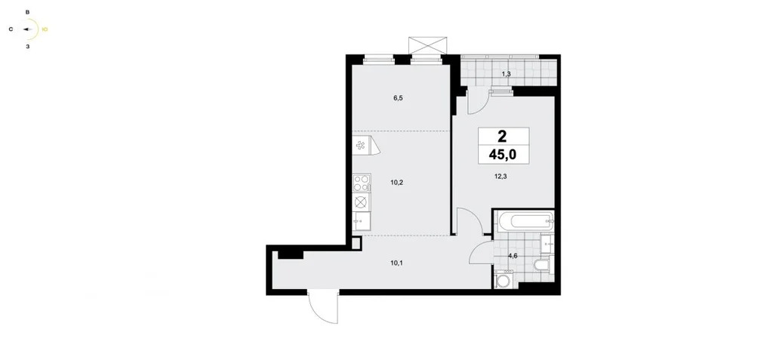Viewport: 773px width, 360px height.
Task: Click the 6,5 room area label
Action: point(398,97)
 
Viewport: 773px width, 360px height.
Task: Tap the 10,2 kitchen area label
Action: point(397,182)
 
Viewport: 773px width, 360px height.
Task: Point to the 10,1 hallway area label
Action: point(396,263)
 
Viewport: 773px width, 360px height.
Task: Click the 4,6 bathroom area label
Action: point(513,255)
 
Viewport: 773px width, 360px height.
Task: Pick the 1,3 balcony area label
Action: point(506,73)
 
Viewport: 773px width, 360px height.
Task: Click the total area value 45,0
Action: point(502,155)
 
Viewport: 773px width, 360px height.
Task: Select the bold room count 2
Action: point(502,136)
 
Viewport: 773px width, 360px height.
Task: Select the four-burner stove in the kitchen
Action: point(362,183)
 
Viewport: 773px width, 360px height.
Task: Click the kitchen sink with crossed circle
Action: point(362,202)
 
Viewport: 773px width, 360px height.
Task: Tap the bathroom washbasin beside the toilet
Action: point(548,243)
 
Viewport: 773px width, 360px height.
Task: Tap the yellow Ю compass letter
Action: point(45,29)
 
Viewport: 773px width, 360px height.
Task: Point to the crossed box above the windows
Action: point(429,45)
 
